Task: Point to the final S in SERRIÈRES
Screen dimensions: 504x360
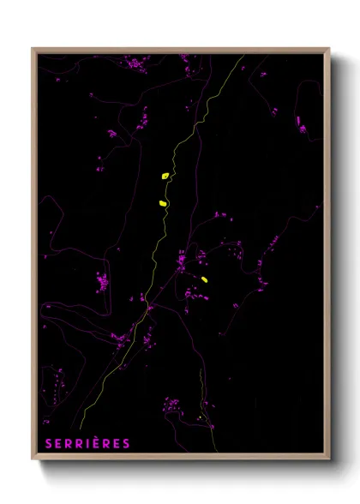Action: pyautogui.click(x=127, y=443)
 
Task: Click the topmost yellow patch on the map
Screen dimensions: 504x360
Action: pyautogui.click(x=165, y=176)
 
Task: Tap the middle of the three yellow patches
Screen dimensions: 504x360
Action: pyautogui.click(x=162, y=203)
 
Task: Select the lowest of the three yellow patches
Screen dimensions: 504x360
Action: pyautogui.click(x=205, y=279)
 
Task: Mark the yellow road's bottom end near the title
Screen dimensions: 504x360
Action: pyautogui.click(x=81, y=428)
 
